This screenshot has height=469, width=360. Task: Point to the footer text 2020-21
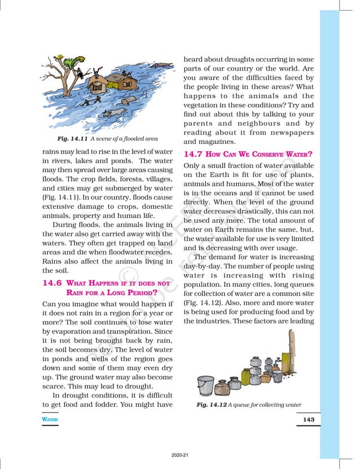pyautogui.click(x=179, y=455)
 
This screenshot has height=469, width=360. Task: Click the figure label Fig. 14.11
pyautogui.click(x=73, y=139)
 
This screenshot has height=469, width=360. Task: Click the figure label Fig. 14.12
pyautogui.click(x=211, y=405)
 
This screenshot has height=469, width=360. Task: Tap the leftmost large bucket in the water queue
pyautogui.click(x=206, y=386)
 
